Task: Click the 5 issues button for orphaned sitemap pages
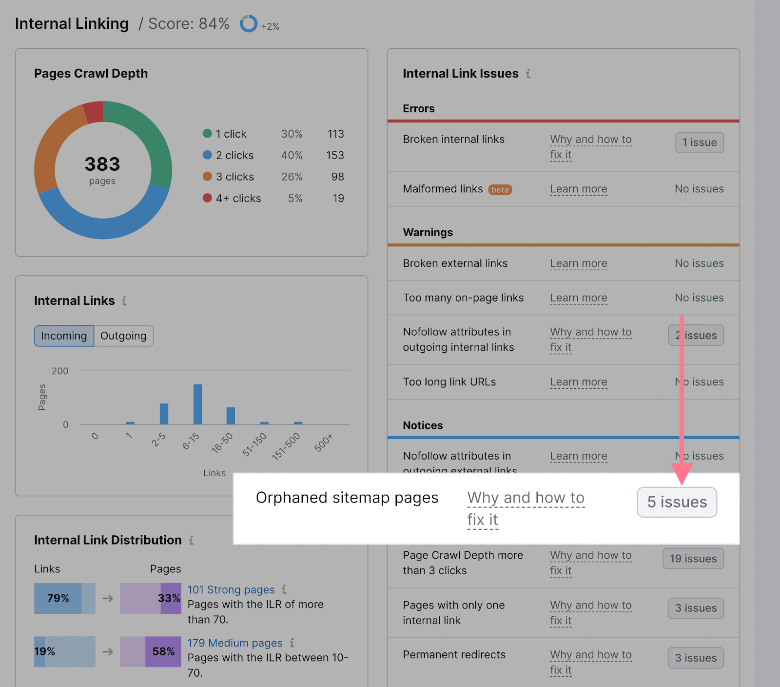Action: pyautogui.click(x=677, y=502)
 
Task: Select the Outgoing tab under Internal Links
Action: pyautogui.click(x=123, y=336)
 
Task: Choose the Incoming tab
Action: pyautogui.click(x=64, y=336)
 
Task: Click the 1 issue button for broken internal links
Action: pyautogui.click(x=699, y=142)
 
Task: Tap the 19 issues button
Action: pyautogui.click(x=693, y=559)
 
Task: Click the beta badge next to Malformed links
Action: pyautogui.click(x=500, y=190)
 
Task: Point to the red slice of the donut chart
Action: pyautogui.click(x=94, y=112)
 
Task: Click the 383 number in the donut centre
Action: pyautogui.click(x=102, y=164)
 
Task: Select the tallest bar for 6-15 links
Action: pyautogui.click(x=197, y=404)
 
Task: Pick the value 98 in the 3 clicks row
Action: pyautogui.click(x=337, y=177)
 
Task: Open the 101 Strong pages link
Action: pyautogui.click(x=231, y=590)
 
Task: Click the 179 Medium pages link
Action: pyautogui.click(x=235, y=643)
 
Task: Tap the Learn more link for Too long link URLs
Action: pyautogui.click(x=579, y=382)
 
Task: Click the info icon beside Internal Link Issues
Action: pyautogui.click(x=528, y=74)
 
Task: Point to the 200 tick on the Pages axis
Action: pyautogui.click(x=60, y=371)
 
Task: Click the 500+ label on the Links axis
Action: pyautogui.click(x=324, y=442)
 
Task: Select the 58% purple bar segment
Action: pyautogui.click(x=163, y=651)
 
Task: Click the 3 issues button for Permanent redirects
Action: pyautogui.click(x=696, y=658)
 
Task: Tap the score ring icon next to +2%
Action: pyautogui.click(x=248, y=23)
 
